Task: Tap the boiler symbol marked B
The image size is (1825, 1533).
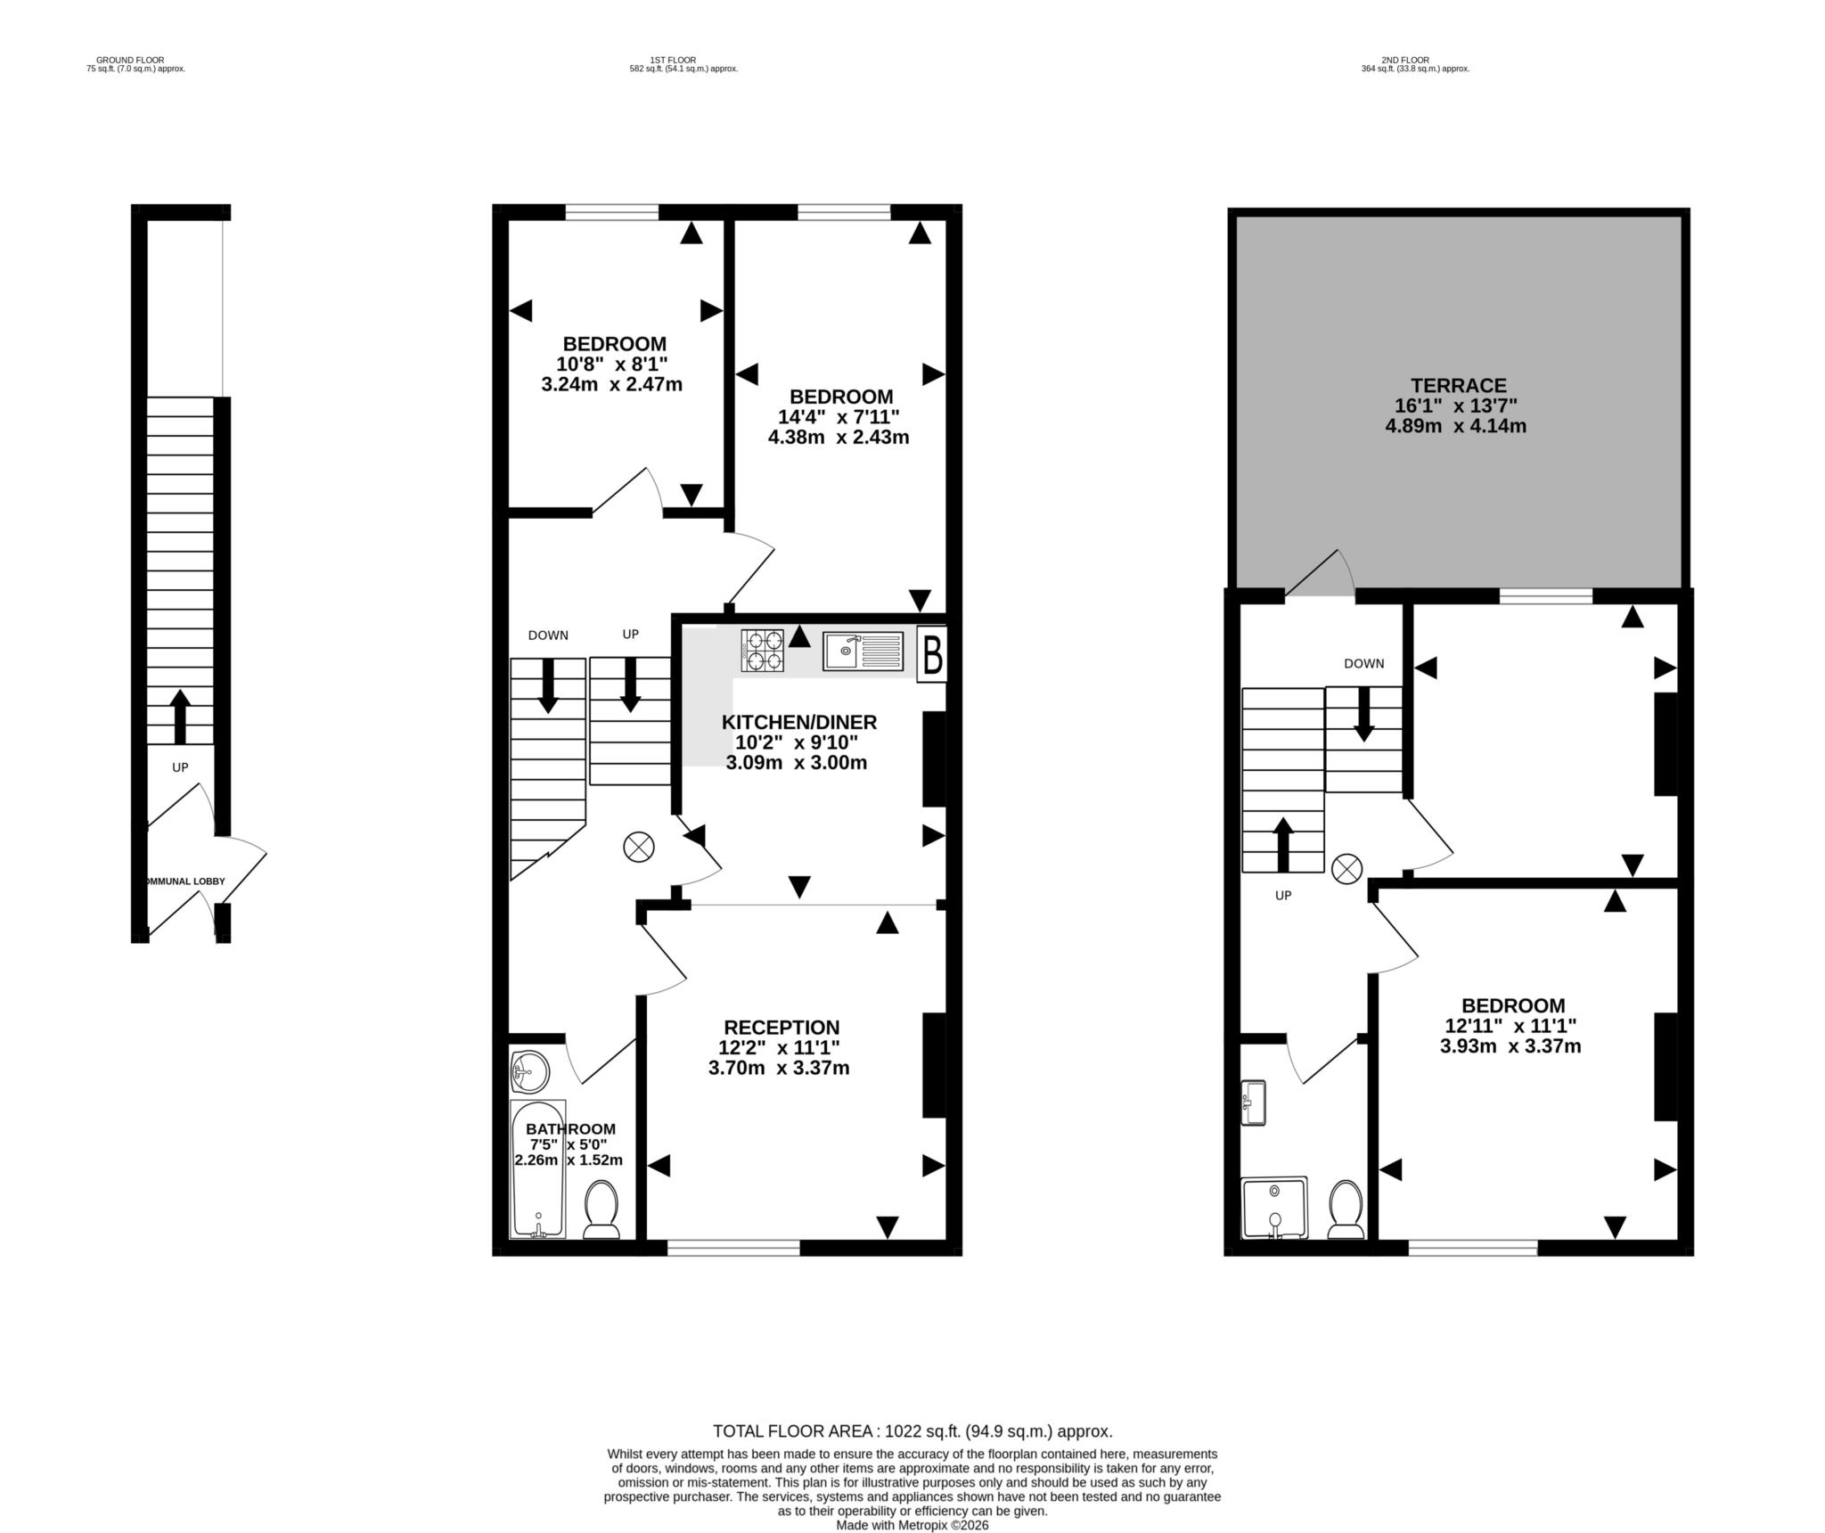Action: click(932, 655)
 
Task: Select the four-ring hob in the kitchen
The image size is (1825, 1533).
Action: click(763, 650)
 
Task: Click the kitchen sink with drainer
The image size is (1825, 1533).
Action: click(863, 651)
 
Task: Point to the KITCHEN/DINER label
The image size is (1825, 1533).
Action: click(799, 722)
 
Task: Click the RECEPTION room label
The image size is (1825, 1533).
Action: click(782, 1028)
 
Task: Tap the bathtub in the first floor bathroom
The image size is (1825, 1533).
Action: click(537, 1168)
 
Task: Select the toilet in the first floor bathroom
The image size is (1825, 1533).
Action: click(602, 1210)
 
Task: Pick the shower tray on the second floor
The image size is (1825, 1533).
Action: click(1275, 1208)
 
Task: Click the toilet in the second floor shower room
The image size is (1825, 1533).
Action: click(1346, 1209)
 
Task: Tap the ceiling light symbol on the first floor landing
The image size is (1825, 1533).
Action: click(639, 847)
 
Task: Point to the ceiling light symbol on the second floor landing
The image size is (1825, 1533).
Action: click(1346, 868)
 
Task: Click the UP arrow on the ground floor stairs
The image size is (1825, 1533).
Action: click(180, 717)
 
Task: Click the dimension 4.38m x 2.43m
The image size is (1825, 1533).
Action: click(839, 437)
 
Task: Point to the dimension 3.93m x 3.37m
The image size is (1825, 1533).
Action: click(1510, 1045)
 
